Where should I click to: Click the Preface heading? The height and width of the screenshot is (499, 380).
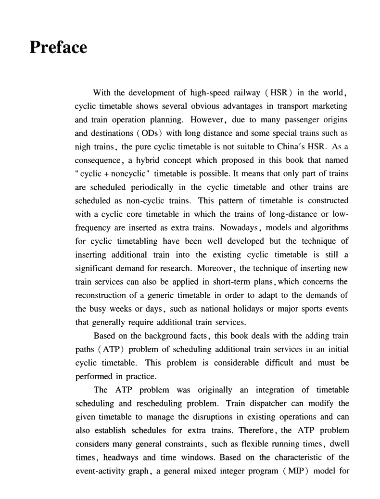[58, 48]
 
